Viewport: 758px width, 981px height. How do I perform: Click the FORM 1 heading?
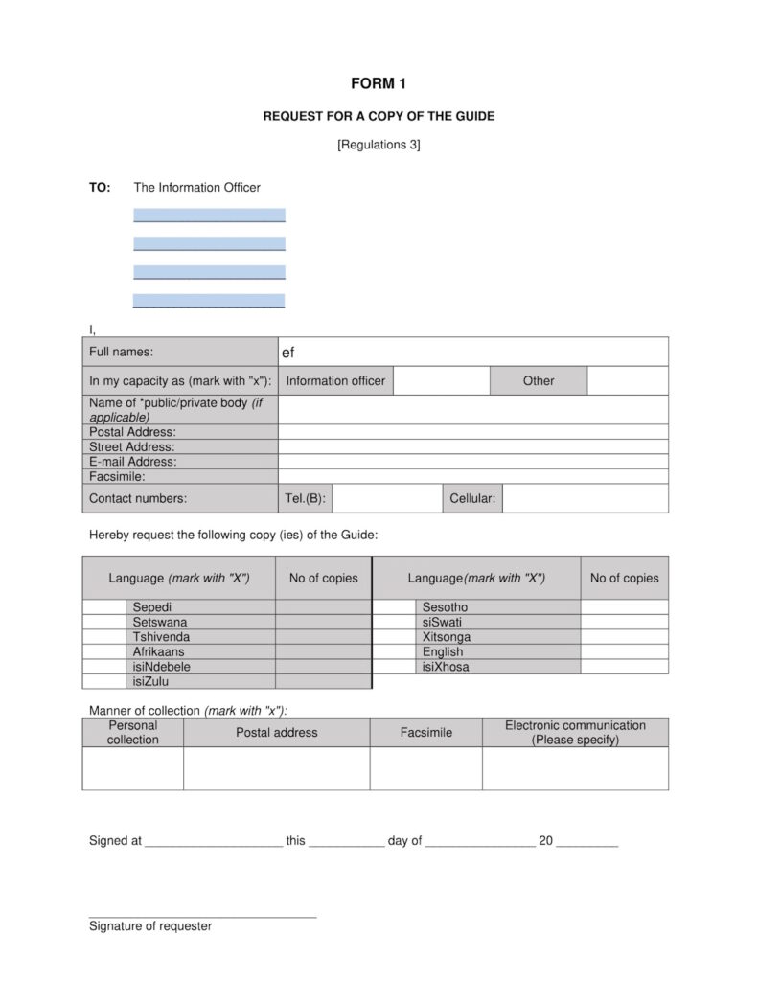click(379, 84)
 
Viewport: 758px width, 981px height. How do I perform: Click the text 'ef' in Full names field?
click(287, 353)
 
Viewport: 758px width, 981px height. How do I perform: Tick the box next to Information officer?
click(441, 380)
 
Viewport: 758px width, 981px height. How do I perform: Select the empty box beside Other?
click(627, 380)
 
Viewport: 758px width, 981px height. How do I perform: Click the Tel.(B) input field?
click(385, 498)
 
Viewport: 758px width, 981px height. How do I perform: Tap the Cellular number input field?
click(585, 498)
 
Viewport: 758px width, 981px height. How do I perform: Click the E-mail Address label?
click(133, 461)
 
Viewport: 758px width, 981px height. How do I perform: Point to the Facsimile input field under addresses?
click(472, 476)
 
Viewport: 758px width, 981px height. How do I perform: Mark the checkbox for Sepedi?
click(103, 607)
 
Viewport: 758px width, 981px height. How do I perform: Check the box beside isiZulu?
click(103, 681)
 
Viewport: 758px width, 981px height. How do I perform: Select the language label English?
click(442, 651)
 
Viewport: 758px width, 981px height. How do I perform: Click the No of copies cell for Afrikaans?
click(323, 651)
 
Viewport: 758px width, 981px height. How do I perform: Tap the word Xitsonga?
click(446, 637)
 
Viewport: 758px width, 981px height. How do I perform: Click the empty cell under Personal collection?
click(132, 768)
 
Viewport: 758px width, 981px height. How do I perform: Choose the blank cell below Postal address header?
click(276, 768)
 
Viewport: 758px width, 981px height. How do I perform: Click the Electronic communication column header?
click(575, 732)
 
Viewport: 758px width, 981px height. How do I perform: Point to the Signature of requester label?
click(150, 926)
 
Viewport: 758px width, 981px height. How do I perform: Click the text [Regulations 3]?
click(379, 145)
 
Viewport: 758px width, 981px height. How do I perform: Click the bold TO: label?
click(100, 188)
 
